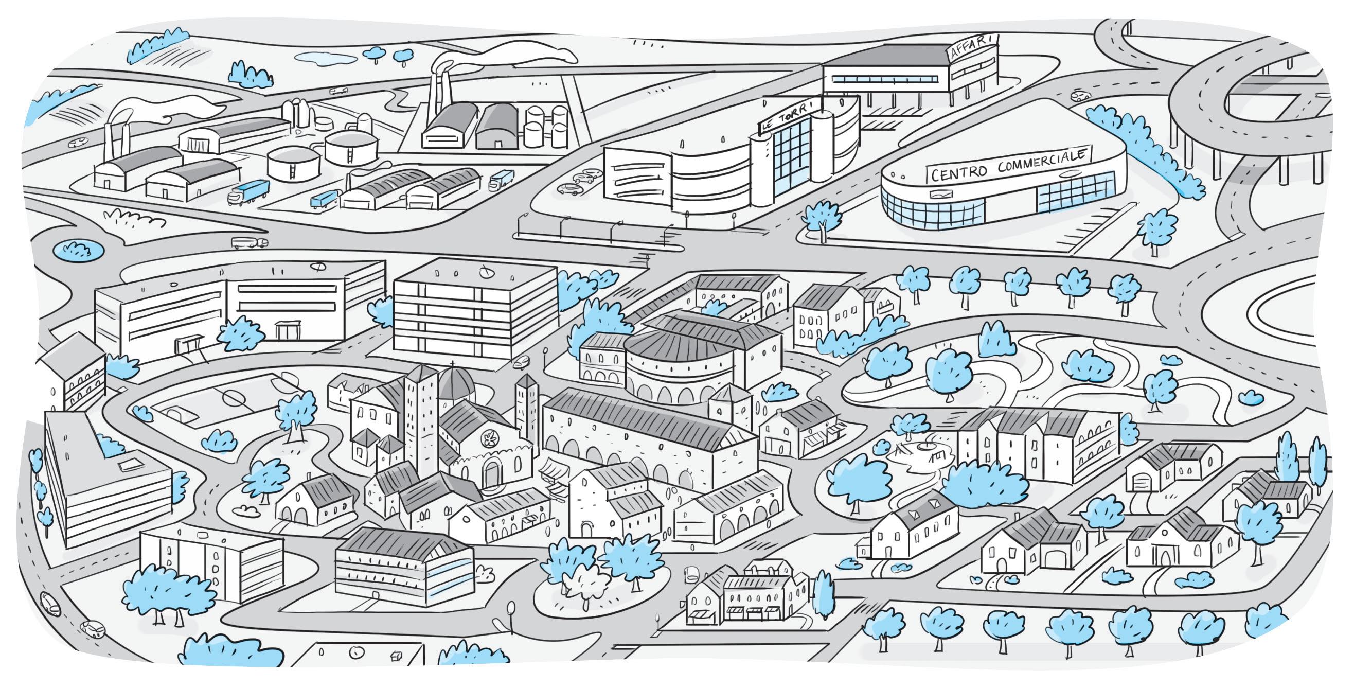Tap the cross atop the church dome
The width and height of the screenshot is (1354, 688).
pos(452,363)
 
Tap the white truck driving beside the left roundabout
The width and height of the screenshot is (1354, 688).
pos(249,242)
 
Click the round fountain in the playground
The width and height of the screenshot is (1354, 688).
pos(925,446)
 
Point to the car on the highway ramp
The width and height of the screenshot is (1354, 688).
pos(1080,96)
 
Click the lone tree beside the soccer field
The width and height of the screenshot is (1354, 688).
pos(296,412)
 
